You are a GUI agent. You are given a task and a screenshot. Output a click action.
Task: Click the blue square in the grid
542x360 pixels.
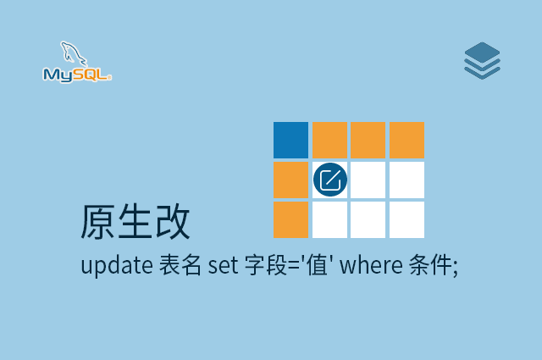tap(290, 140)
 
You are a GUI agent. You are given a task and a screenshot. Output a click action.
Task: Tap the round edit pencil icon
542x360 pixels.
tap(329, 180)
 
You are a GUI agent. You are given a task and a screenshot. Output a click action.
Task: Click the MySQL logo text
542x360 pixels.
tap(76, 75)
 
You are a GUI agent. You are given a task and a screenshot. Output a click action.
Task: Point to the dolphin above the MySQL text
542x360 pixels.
tap(75, 54)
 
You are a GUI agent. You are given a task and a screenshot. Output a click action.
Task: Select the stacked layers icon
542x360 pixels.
tap(482, 61)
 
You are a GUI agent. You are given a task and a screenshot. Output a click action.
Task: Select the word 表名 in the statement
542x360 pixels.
tap(180, 265)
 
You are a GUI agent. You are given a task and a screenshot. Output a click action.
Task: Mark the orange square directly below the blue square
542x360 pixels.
tap(290, 180)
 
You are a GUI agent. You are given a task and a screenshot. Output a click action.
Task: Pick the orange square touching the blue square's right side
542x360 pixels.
tap(329, 140)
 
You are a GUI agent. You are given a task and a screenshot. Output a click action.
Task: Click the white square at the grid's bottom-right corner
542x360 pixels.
tap(406, 219)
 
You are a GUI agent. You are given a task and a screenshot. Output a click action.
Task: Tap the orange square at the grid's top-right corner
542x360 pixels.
tap(406, 140)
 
